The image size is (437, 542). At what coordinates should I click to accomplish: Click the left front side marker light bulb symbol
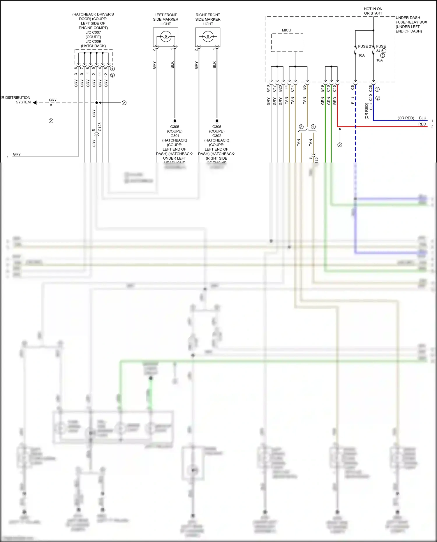pyautogui.click(x=165, y=37)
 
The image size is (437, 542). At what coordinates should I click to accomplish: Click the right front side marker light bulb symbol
pyautogui.click(x=208, y=37)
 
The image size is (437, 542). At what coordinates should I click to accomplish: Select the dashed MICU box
pyautogui.click(x=287, y=42)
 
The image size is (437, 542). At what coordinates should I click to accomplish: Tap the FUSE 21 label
pyautogui.click(x=365, y=46)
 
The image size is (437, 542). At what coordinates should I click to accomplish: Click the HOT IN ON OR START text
pyautogui.click(x=373, y=11)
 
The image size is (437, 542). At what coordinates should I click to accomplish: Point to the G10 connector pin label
pyautogui.click(x=268, y=89)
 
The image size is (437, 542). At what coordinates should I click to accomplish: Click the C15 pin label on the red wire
pyautogui.click(x=334, y=88)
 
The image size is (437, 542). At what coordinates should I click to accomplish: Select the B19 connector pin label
pyautogui.click(x=323, y=89)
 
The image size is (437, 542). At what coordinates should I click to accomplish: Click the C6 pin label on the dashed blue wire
pyautogui.click(x=353, y=87)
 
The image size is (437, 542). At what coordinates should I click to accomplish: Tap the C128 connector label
pyautogui.click(x=100, y=127)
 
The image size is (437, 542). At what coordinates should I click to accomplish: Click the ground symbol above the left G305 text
pyautogui.click(x=175, y=121)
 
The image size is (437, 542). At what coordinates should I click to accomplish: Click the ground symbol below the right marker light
pyautogui.click(x=217, y=121)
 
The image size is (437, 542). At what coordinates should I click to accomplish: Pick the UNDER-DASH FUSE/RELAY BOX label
pyautogui.click(x=411, y=24)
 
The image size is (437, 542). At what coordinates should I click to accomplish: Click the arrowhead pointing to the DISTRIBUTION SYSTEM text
pyautogui.click(x=35, y=103)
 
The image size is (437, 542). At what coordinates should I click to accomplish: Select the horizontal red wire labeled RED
pyautogui.click(x=379, y=127)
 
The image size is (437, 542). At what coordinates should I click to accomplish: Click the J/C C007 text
pyautogui.click(x=93, y=32)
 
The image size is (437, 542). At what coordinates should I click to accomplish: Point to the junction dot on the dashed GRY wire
pyautogui.click(x=97, y=103)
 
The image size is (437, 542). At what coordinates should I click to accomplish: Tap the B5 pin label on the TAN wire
pyautogui.click(x=304, y=87)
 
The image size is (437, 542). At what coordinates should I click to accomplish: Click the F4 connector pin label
pyautogui.click(x=286, y=87)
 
